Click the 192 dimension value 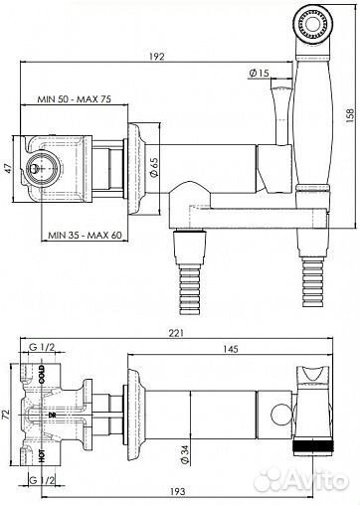click(156, 57)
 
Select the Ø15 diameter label click(259, 73)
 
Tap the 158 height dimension click(350, 115)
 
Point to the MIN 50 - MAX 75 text click(75, 98)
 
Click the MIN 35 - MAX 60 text click(85, 235)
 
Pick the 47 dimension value click(8, 168)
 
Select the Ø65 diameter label click(154, 167)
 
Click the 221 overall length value click(176, 333)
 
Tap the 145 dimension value click(231, 349)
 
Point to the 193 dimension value click(177, 491)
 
